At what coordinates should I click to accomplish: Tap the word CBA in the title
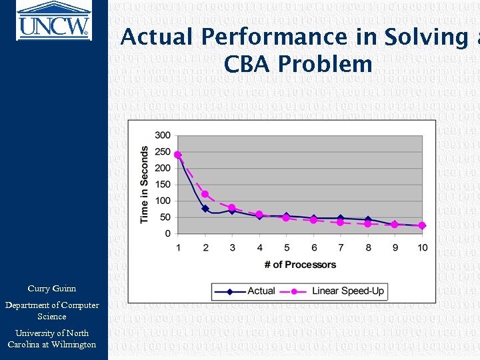point(249,64)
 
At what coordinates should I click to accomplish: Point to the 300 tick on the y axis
point(163,135)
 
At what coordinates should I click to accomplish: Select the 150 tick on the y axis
point(163,184)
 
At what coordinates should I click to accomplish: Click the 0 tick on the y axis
point(168,233)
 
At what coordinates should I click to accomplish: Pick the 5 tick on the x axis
point(286,248)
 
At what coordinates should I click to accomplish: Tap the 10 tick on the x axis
point(422,248)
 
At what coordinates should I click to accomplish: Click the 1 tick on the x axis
point(178,248)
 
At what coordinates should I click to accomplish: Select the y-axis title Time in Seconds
point(145,185)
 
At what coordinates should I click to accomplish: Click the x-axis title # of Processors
point(300,265)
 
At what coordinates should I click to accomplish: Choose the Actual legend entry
point(250,291)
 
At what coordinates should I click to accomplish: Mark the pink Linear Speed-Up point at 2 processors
point(205,194)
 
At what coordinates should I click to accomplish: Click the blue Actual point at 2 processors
point(205,209)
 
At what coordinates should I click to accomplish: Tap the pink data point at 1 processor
point(178,155)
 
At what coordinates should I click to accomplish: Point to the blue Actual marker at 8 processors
point(368,220)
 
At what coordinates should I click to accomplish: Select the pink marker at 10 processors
point(422,225)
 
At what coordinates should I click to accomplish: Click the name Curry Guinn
point(52,289)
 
